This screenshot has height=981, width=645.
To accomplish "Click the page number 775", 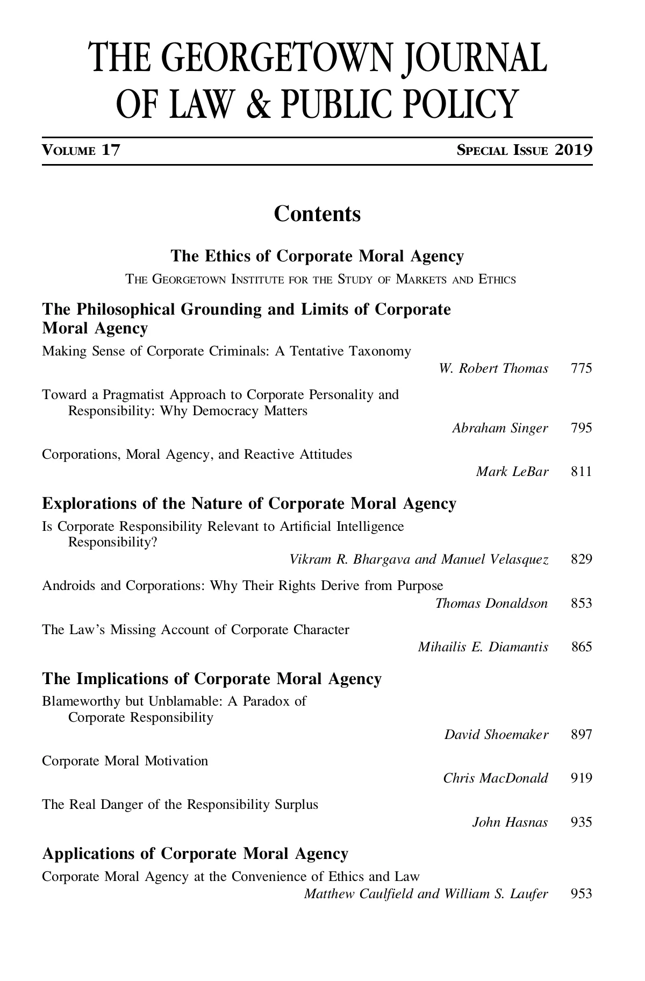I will (582, 368).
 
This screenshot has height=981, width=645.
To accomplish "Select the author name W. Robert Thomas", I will (493, 368).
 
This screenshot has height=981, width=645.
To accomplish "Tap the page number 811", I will (582, 472).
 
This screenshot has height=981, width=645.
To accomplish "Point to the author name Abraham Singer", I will (500, 428).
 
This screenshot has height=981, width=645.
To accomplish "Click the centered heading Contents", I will (317, 214).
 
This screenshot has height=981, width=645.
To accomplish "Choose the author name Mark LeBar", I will (512, 472).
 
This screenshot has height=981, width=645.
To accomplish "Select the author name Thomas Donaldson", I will (491, 603).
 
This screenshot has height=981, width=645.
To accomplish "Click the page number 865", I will (582, 647).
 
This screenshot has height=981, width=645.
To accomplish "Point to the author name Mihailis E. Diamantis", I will (483, 647).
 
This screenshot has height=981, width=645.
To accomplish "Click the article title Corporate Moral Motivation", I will (125, 761).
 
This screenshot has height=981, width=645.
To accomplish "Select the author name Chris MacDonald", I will (496, 778).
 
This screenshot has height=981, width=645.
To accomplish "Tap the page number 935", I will (582, 822).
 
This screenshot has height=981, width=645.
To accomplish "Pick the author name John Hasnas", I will (510, 822).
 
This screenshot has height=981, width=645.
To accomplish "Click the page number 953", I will (582, 894).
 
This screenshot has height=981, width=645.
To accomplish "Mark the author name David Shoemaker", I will (496, 735).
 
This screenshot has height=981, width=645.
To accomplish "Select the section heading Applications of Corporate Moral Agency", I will (195, 854).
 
